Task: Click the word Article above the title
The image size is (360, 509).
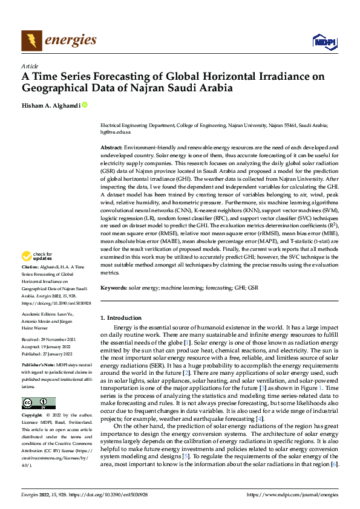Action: tap(30, 66)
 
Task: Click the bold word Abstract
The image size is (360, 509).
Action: tap(112, 148)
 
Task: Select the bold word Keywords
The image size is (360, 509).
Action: tap(114, 288)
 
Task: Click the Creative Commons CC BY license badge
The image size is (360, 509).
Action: tap(38, 403)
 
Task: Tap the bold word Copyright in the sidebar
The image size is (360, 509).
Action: tap(31, 416)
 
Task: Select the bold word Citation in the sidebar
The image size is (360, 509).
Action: tap(30, 267)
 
